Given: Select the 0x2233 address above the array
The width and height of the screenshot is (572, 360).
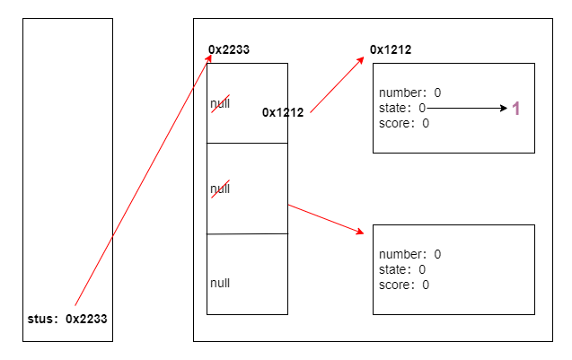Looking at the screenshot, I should pos(228,49).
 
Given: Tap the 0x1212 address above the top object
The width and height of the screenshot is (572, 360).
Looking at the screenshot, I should pos(391,49).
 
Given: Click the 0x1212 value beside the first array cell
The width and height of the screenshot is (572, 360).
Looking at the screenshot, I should pos(283,112).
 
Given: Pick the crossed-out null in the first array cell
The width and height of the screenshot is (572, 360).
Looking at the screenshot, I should pos(220,104).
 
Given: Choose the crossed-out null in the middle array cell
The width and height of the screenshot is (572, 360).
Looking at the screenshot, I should pos(220,189).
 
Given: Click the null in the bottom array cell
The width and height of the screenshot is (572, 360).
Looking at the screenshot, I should pos(220,283).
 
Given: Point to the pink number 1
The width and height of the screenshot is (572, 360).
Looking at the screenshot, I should pos(516,109).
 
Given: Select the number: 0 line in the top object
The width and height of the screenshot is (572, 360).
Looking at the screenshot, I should pos(410,92).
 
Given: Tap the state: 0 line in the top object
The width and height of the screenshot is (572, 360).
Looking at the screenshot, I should pos(402,108).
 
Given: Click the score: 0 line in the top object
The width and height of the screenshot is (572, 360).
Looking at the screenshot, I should pos(404,123).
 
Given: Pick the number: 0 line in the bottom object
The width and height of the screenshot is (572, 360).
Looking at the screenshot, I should pos(410,254).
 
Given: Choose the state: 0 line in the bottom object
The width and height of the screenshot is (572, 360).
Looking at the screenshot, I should pos(402,269).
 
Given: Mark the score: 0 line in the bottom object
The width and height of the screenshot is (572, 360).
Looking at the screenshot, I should pos(404,285).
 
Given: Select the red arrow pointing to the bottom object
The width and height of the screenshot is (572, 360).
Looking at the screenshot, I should pos(325,219).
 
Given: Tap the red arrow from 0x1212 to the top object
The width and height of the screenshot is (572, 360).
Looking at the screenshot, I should pos(339,84).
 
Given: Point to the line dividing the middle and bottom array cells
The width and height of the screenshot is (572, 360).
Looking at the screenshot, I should pos(247,233).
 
